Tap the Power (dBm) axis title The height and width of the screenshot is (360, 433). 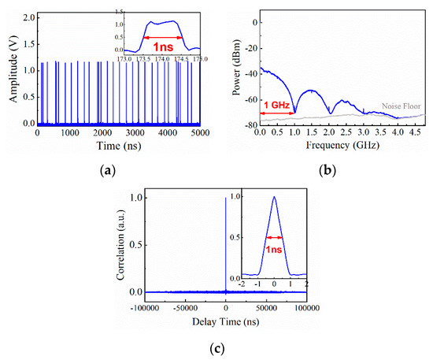[237, 71]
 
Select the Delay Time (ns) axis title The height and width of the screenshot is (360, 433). [226, 321]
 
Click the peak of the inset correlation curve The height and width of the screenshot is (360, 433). [274, 197]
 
